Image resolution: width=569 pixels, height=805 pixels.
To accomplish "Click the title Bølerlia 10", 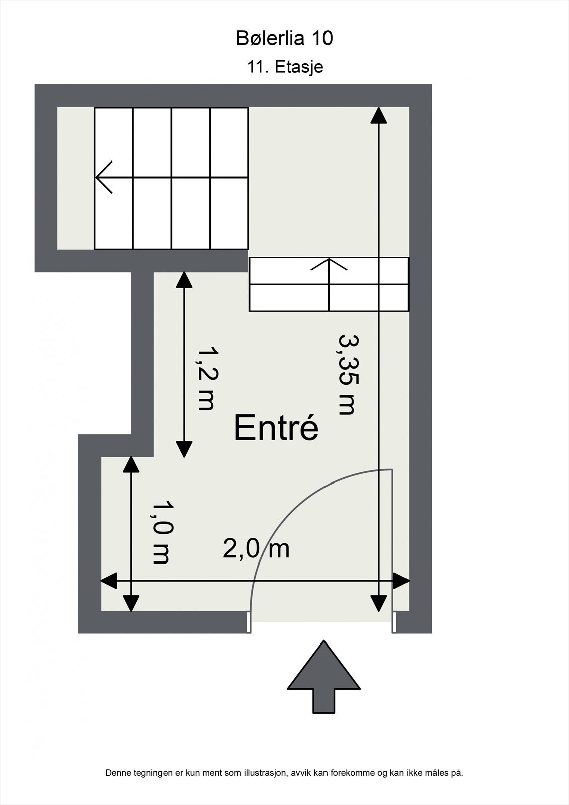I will pyautogui.click(x=284, y=38).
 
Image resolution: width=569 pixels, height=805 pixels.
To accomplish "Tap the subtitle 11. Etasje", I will pyautogui.click(x=285, y=67).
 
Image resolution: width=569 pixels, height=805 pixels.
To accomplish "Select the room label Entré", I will pyautogui.click(x=276, y=428).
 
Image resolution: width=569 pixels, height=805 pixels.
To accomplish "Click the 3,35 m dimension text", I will pyautogui.click(x=347, y=374).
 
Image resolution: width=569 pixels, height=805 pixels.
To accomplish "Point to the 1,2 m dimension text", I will pyautogui.click(x=206, y=378).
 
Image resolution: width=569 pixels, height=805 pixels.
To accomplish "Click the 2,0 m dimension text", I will pyautogui.click(x=256, y=549).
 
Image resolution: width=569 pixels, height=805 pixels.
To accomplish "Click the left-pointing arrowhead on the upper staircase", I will pyautogui.click(x=104, y=177).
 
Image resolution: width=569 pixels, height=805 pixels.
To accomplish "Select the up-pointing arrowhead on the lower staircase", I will pyautogui.click(x=329, y=264).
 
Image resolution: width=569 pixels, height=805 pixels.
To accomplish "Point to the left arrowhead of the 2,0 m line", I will pyautogui.click(x=109, y=581).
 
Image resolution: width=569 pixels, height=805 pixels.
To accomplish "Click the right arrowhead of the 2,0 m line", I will pyautogui.click(x=401, y=581).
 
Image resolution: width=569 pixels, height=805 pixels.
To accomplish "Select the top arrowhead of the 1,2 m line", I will pyautogui.click(x=184, y=279).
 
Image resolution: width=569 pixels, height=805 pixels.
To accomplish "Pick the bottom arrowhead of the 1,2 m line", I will pyautogui.click(x=184, y=448).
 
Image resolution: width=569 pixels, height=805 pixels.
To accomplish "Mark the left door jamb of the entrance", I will pyautogui.click(x=249, y=622).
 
